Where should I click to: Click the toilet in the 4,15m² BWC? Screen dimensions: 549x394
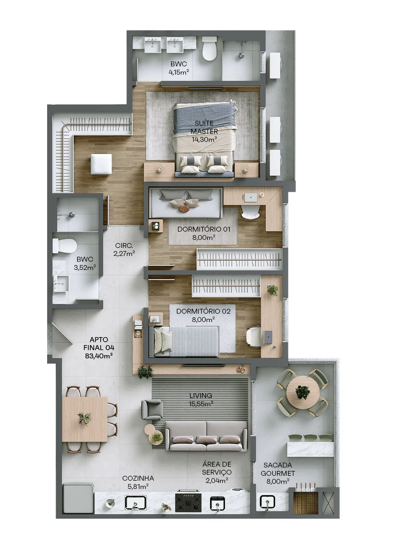point(209,49)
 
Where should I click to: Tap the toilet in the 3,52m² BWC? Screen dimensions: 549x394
point(65,246)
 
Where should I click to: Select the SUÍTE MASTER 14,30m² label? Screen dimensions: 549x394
point(204,131)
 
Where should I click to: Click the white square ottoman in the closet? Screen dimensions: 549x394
point(101,164)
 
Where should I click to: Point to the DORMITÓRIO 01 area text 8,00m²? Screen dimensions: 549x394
point(204,237)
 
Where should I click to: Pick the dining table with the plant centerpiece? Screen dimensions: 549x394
point(85,419)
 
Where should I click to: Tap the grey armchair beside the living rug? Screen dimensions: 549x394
point(152,410)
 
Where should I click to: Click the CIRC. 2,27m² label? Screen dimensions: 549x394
point(124,249)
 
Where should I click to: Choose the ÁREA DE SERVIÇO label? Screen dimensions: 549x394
point(217,468)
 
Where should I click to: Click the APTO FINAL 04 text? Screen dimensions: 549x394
point(99,344)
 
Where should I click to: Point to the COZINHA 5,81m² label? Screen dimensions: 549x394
point(138,482)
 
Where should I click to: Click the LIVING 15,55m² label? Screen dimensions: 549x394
point(201,399)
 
